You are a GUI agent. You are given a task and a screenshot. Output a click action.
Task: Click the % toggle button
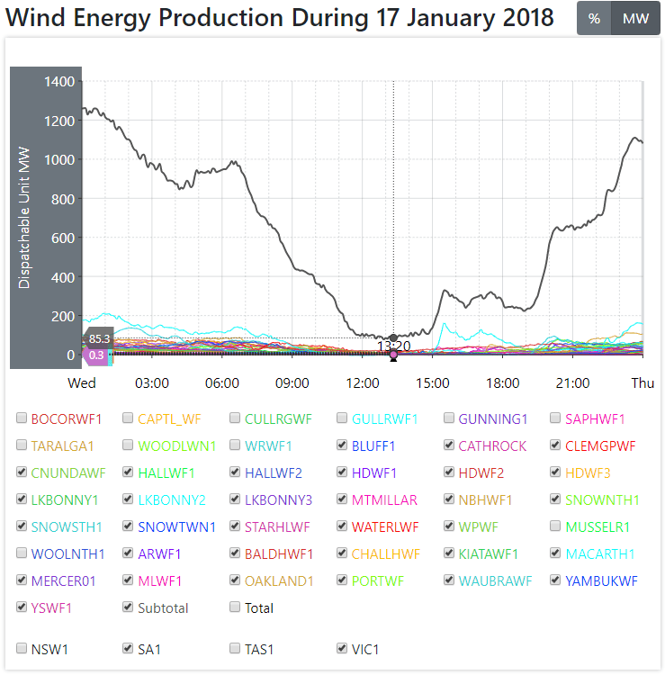pyautogui.click(x=594, y=19)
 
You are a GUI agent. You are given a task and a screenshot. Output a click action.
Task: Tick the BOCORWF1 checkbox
pyautogui.click(x=22, y=418)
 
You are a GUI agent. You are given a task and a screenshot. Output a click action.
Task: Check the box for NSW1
pyautogui.click(x=22, y=648)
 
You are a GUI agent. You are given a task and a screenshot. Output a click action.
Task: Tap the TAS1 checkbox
pyautogui.click(x=236, y=648)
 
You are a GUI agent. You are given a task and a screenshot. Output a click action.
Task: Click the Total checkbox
pyautogui.click(x=236, y=607)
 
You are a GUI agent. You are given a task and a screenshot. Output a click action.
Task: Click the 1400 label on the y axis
pyautogui.click(x=59, y=82)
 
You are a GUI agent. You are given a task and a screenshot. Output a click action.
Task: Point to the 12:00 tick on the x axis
pyautogui.click(x=363, y=383)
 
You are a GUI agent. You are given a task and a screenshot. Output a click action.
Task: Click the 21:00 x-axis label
pyautogui.click(x=572, y=383)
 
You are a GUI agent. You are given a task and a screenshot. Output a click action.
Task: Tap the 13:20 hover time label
pyautogui.click(x=393, y=346)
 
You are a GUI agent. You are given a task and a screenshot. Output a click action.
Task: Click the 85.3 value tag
pyautogui.click(x=100, y=338)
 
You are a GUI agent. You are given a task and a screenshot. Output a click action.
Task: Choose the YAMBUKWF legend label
pyautogui.click(x=602, y=580)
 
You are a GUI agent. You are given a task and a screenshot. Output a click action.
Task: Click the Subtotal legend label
pyautogui.click(x=163, y=607)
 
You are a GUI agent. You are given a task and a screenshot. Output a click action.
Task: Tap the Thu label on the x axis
pyautogui.click(x=643, y=383)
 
